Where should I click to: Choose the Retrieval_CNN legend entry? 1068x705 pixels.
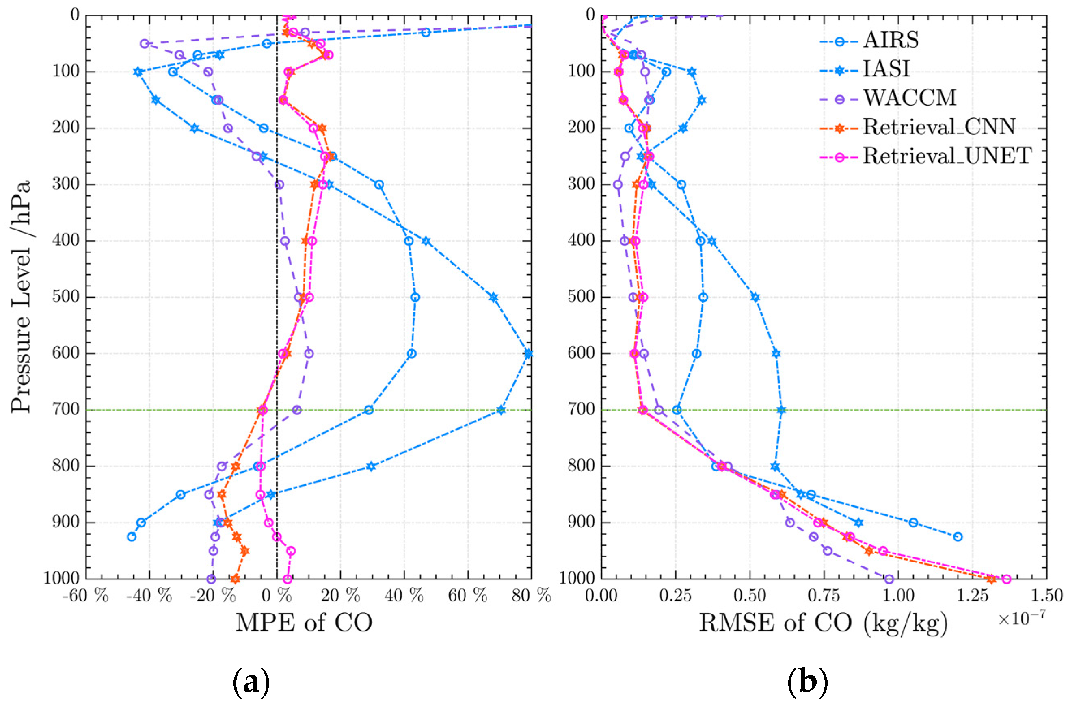[938, 127]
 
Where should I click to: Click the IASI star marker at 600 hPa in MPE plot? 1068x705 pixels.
[528, 354]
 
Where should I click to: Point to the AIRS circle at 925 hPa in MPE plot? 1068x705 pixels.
[132, 537]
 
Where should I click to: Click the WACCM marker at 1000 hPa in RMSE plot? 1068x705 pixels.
[889, 579]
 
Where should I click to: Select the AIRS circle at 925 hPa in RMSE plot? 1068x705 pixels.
[958, 537]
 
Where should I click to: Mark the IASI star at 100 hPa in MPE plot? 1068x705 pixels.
[138, 72]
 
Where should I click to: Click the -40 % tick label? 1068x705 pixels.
[149, 597]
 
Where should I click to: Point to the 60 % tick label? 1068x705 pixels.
[468, 597]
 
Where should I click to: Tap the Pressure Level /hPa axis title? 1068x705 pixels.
[22, 297]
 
